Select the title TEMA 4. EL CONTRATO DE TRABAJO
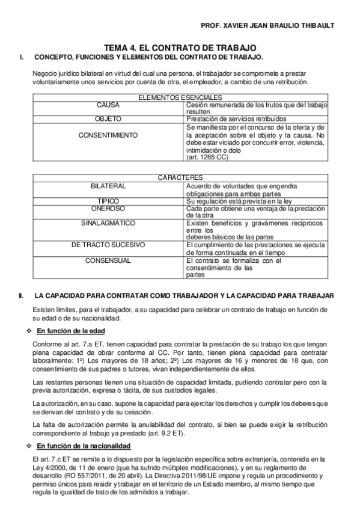tap(180, 47)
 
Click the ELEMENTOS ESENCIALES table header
tap(180, 97)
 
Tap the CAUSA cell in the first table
tap(108, 105)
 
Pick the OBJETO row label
tap(108, 119)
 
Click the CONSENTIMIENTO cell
tap(108, 135)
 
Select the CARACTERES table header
tap(180, 178)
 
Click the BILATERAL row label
tap(108, 186)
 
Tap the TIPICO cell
tap(108, 200)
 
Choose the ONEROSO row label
tap(108, 207)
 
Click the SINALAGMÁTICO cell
tap(108, 223)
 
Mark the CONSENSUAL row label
tap(108, 260)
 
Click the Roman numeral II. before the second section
tap(21, 296)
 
